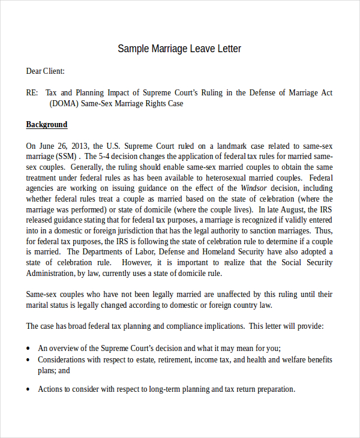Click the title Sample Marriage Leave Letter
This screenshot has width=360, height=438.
click(179, 49)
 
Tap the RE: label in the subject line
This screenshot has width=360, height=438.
click(32, 92)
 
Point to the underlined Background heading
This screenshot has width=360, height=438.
click(47, 125)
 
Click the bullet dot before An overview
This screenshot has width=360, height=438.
click(29, 349)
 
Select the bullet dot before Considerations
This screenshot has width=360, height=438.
click(29, 360)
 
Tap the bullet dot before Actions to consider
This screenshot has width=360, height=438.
click(29, 389)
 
